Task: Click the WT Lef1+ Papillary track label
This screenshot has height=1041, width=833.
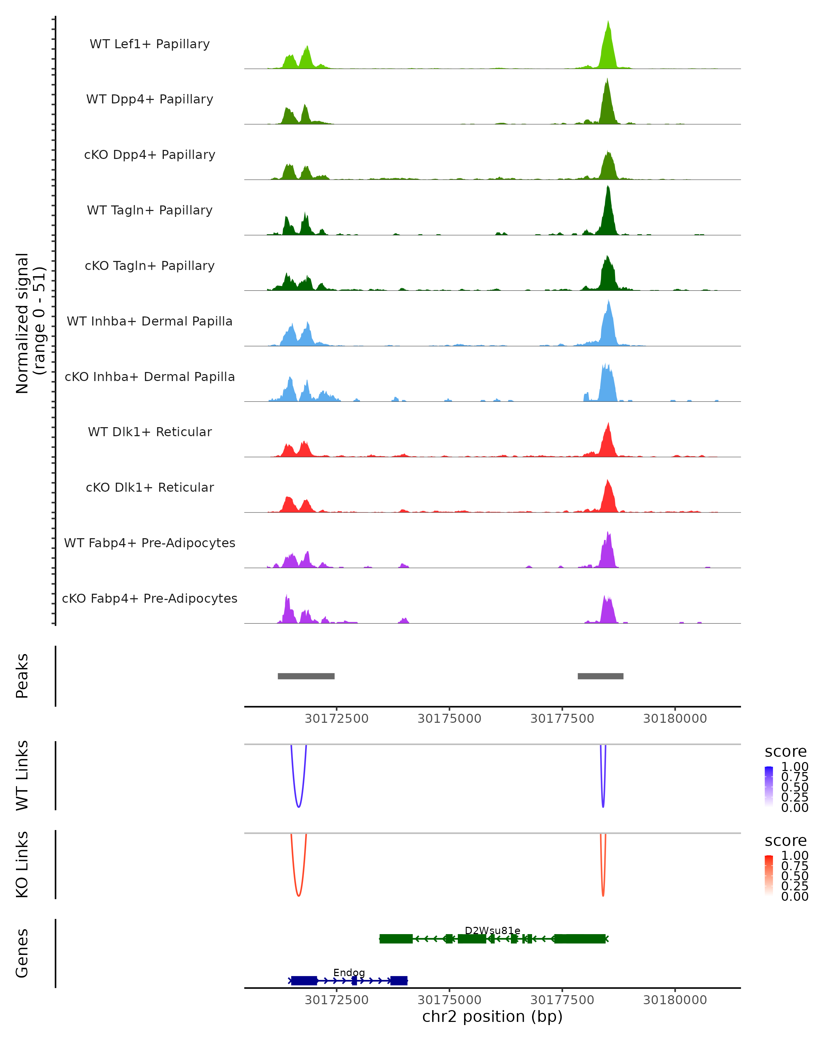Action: coord(150,44)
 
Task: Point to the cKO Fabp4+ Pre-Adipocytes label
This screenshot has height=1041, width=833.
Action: coord(150,598)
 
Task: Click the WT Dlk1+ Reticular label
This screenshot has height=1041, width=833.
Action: coord(150,432)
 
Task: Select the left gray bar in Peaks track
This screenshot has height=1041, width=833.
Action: coord(306,676)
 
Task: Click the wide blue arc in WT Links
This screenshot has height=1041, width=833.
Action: coord(298,806)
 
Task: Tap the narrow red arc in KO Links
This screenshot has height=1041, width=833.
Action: coord(603,895)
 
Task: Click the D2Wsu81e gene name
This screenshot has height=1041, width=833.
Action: coord(493,930)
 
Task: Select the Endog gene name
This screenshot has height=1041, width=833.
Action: coord(349,972)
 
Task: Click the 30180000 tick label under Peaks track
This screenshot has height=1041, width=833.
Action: coord(675,719)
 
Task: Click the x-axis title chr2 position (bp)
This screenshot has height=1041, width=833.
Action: coord(492,1017)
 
